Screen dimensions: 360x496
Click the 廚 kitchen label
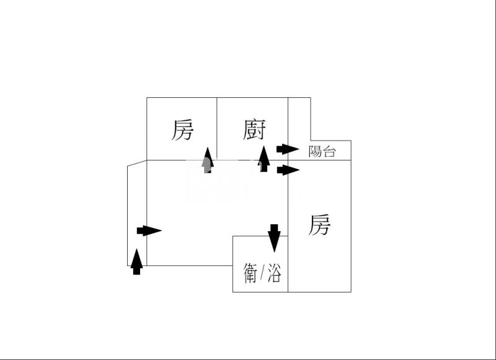point(254,131)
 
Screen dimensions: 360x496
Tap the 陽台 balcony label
point(322,151)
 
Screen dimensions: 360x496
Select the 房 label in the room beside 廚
point(182,130)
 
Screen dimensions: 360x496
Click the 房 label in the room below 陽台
point(319,224)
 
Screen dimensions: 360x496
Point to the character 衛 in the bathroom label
point(250,273)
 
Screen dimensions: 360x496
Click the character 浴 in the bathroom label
point(274,273)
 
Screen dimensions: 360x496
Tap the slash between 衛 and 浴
point(262,273)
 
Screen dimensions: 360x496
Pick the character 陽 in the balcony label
point(315,151)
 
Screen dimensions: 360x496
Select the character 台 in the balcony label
point(329,151)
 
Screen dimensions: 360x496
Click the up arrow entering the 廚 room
point(263,159)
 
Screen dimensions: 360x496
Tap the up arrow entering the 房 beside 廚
point(208,160)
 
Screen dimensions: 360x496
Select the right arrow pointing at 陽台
point(287,149)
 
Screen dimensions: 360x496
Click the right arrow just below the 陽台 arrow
point(287,170)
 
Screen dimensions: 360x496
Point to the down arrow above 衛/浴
point(274,237)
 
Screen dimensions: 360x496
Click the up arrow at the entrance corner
point(137,261)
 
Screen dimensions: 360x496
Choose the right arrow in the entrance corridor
point(149,231)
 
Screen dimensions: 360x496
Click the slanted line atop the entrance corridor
point(137,163)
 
